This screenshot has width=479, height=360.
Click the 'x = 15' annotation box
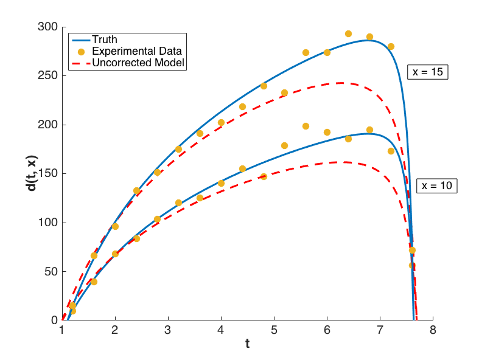pos(428,72)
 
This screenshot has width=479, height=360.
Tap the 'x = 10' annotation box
pos(436,186)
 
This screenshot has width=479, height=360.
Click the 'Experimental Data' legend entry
pos(137,51)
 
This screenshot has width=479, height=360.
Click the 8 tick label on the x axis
pos(433,330)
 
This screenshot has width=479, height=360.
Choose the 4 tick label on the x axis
pos(221,330)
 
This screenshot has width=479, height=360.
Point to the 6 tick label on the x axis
pos(327,330)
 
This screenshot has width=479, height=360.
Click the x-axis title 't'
pos(247,344)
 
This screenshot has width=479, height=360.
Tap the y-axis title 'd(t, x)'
pos(31,174)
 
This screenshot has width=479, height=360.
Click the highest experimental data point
pos(348,34)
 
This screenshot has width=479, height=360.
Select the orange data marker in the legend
pos(80,51)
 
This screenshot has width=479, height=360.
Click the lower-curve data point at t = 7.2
pos(391,151)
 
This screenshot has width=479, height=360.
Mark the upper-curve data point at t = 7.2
pos(391,46)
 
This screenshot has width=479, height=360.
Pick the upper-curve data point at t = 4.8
pos(264,86)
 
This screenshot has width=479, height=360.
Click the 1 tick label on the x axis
pos(62,330)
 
